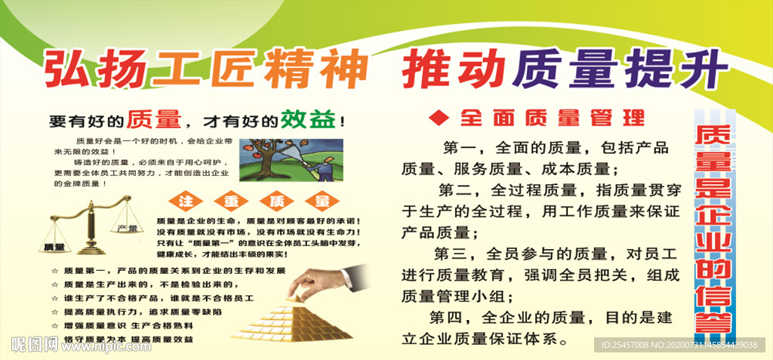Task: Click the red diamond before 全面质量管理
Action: pyautogui.click(x=438, y=118)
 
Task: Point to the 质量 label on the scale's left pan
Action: pyautogui.click(x=54, y=247)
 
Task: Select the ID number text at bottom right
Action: pyautogui.click(x=679, y=345)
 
